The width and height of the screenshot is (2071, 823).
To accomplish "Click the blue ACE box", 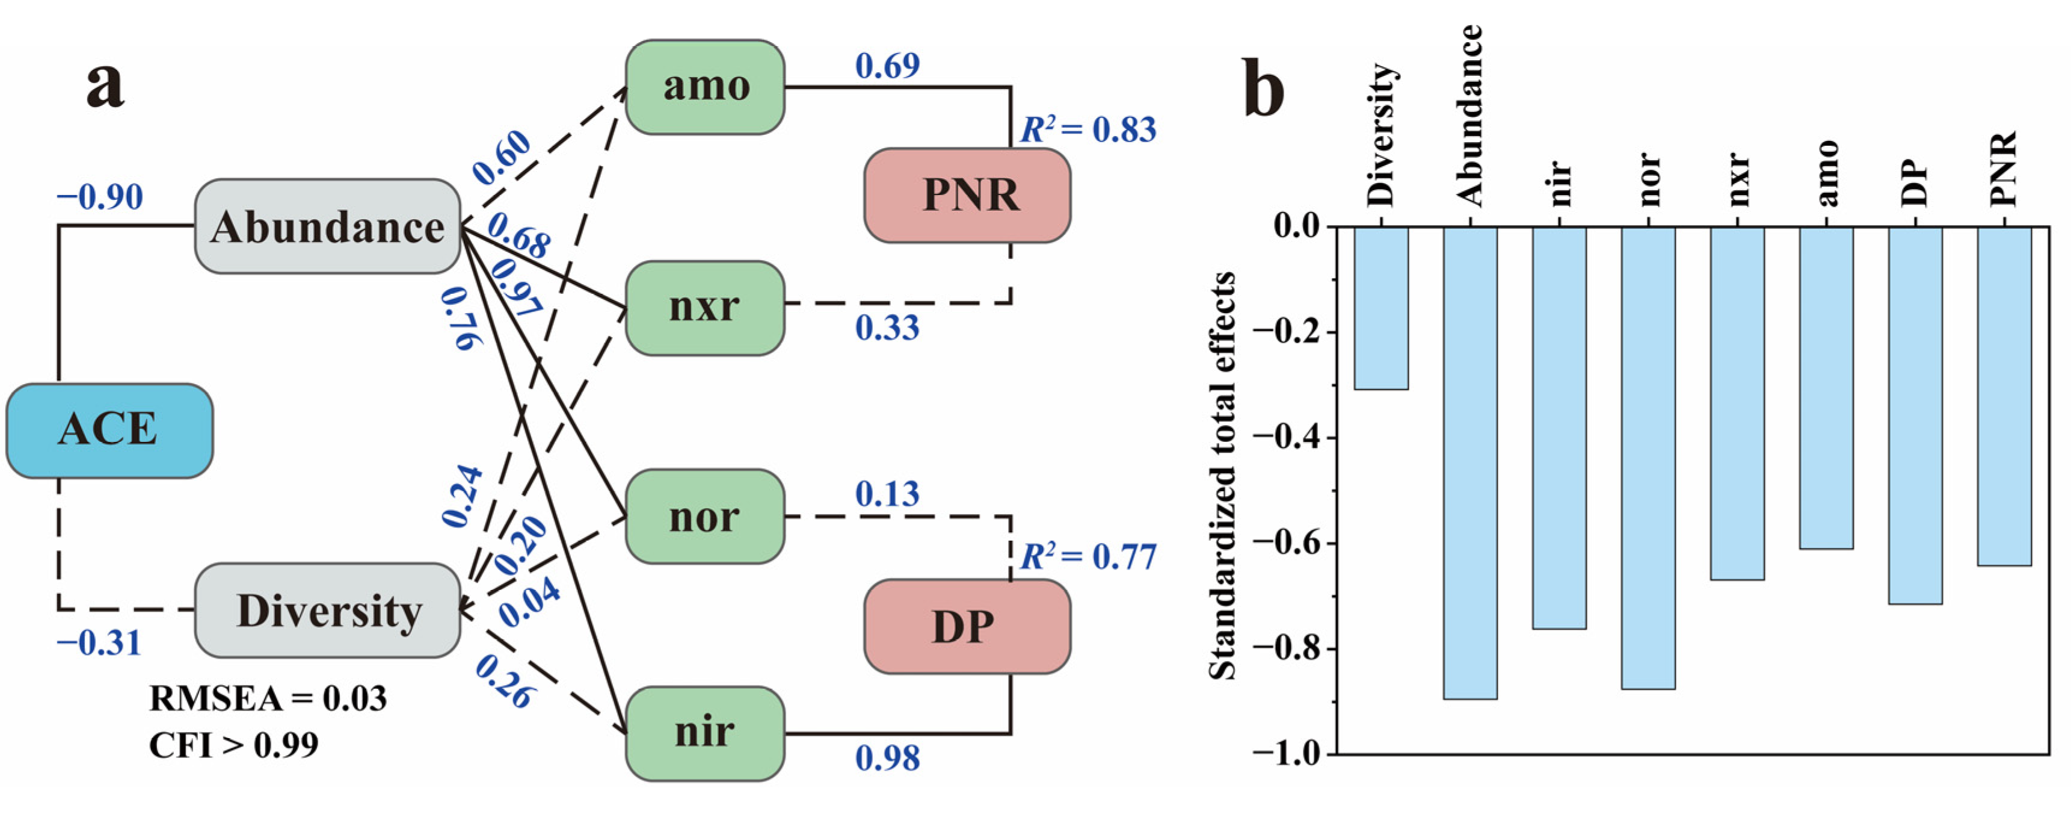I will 109,430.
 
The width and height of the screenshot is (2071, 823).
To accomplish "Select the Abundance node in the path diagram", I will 327,227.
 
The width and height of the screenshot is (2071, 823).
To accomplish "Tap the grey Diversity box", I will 327,610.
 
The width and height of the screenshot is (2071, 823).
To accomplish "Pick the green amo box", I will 705,87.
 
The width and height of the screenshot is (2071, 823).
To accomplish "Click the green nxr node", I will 705,307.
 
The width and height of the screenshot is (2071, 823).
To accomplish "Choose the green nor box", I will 705,517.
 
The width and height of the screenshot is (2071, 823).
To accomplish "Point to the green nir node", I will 705,733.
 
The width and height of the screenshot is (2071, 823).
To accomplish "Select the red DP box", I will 967,627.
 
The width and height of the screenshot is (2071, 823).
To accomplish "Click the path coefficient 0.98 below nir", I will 887,759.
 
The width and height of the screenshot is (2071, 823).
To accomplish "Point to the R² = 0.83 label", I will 1088,129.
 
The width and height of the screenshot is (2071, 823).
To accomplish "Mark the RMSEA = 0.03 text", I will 268,698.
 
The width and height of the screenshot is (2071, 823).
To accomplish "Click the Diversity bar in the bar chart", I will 1381,308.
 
